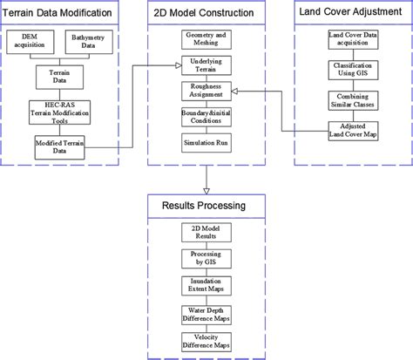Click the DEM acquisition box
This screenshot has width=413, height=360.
tap(33, 42)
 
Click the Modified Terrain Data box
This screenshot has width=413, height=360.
tap(61, 146)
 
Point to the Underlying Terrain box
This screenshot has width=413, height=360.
tap(206, 65)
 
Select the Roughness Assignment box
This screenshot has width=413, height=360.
tap(206, 91)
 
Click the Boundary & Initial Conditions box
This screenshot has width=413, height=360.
tap(206, 116)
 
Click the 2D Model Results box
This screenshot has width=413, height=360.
tap(206, 232)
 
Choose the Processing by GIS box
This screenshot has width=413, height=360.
tap(206, 259)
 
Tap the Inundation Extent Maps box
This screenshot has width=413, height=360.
tap(206, 287)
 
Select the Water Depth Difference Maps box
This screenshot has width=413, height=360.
tap(206, 314)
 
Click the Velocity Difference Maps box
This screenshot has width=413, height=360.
tap(206, 341)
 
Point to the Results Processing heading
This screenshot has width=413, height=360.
tap(206, 207)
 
